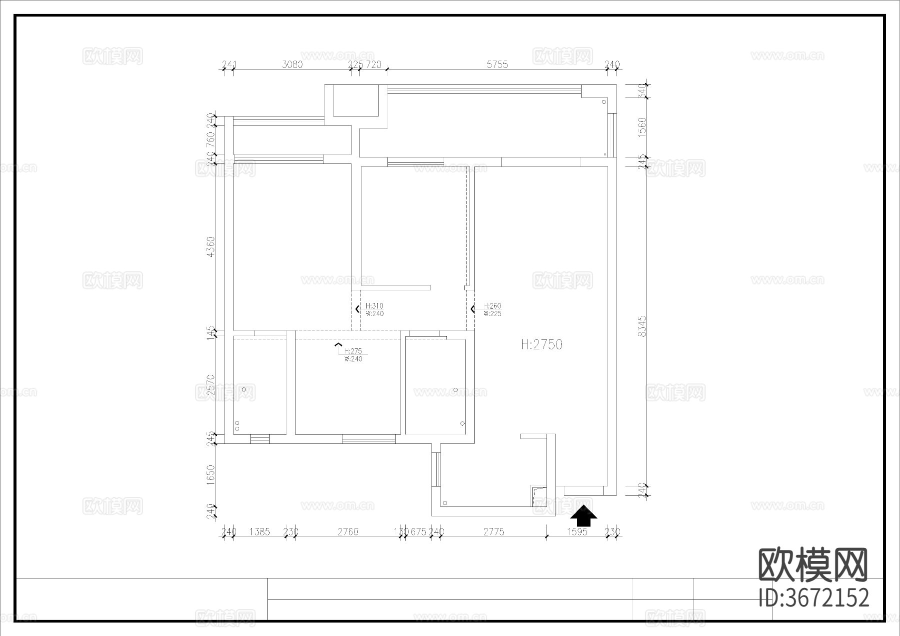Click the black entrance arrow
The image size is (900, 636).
pyautogui.click(x=583, y=516)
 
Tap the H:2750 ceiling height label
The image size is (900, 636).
pyautogui.click(x=541, y=344)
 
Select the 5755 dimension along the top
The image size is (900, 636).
pyautogui.click(x=497, y=64)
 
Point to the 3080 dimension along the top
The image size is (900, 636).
pyautogui.click(x=292, y=64)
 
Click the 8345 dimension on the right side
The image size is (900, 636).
pyautogui.click(x=642, y=325)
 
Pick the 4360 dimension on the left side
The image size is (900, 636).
pyautogui.click(x=210, y=247)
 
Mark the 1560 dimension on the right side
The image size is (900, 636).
pyautogui.click(x=642, y=127)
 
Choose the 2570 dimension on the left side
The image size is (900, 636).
pyautogui.click(x=210, y=385)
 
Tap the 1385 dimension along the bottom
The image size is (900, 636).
pyautogui.click(x=259, y=531)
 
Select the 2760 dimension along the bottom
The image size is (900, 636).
pyautogui.click(x=348, y=531)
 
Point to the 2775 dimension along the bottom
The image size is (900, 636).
pyautogui.click(x=493, y=531)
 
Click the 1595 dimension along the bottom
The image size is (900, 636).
pyautogui.click(x=576, y=531)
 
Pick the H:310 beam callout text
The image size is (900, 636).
pyautogui.click(x=374, y=305)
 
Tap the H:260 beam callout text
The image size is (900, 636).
pyautogui.click(x=492, y=305)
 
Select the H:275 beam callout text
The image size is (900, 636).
pyautogui.click(x=353, y=351)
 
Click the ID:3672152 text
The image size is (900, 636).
pyautogui.click(x=813, y=598)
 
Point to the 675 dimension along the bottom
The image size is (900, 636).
pyautogui.click(x=418, y=531)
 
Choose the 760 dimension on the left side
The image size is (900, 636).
pyautogui.click(x=210, y=136)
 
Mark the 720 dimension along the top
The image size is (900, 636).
pyautogui.click(x=374, y=64)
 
